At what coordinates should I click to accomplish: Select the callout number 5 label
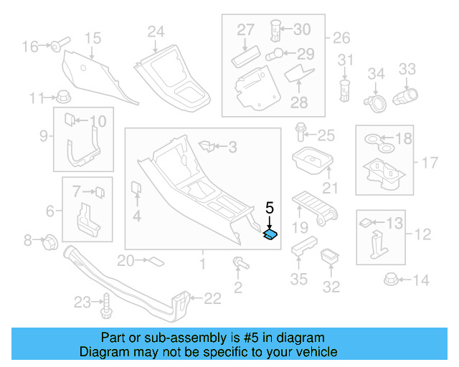point(270,209)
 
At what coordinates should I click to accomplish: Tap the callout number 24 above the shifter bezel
point(156,32)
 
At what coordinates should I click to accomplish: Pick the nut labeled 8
point(50,241)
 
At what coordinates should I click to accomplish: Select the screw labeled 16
point(57,47)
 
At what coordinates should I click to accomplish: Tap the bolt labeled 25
point(301,133)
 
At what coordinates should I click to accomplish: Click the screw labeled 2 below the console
point(238,264)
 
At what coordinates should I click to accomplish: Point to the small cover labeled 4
point(135,189)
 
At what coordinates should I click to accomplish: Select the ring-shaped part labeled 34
point(375,103)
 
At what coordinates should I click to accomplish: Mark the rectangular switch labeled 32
point(331,256)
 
